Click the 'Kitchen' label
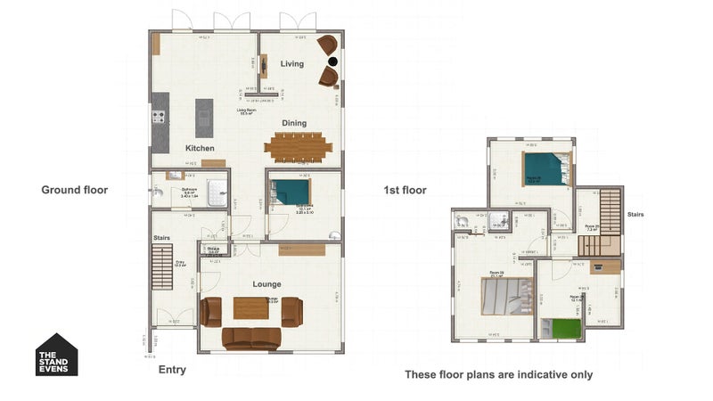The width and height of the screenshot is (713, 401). click(200, 147)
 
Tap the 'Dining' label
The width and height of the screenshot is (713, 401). click(294, 123)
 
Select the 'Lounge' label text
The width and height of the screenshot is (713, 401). click(266, 284)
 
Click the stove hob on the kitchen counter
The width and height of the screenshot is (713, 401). click(160, 116)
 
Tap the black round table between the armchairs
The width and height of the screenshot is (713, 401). click(332, 61)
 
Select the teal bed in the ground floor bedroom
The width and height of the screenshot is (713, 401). click(291, 192)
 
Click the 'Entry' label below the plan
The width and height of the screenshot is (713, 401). click(172, 370)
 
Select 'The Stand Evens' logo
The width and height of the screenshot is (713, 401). click(57, 355)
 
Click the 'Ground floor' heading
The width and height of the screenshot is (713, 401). click(75, 190)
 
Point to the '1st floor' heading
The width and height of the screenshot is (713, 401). click(405, 190)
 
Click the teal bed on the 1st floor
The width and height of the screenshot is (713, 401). click(545, 168)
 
